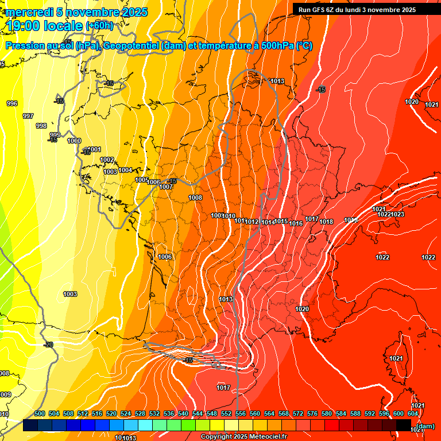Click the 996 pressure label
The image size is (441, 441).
coord(12,103)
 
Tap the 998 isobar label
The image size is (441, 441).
coord(41,126)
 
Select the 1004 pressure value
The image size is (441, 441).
coord(125,170)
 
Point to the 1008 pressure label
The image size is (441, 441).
coord(195,198)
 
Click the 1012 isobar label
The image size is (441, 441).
coord(253,222)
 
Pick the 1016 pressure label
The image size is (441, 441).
coord(296,223)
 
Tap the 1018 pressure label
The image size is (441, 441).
coord(327,222)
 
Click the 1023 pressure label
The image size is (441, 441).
coord(398,214)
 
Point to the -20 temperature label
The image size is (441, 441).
coord(48,345)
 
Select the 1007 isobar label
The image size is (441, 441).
coord(167,187)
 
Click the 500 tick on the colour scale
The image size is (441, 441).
coord(40,413)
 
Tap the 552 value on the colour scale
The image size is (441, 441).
coord(226,413)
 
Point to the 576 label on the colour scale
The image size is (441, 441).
coord(312,413)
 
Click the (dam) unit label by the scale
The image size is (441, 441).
coord(425,426)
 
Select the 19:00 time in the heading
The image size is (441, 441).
coord(26,25)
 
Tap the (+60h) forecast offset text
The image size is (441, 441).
coord(99,26)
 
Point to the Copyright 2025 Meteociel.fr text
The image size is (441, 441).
coord(243,437)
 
